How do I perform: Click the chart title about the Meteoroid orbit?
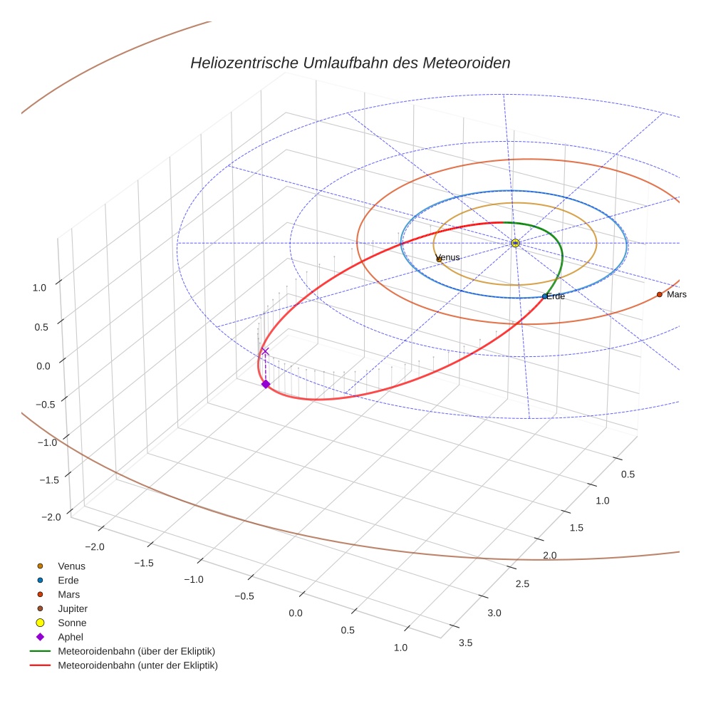coord(350,63)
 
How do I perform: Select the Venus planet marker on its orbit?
coord(439,259)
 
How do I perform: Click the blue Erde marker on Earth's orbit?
coord(545,296)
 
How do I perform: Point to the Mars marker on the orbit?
coord(659,294)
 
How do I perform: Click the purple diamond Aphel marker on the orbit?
coord(266,384)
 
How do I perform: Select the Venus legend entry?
coord(71,566)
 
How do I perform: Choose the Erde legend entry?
coord(68,580)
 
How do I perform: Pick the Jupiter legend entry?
coord(73,608)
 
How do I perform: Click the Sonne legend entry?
coord(72,623)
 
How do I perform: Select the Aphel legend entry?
coord(71,637)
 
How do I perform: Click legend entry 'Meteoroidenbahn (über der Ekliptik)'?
coord(136,651)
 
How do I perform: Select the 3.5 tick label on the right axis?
coord(464,643)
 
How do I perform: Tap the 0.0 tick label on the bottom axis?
coord(294,613)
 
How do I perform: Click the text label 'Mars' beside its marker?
coord(676,294)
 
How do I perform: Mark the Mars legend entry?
coord(68,594)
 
